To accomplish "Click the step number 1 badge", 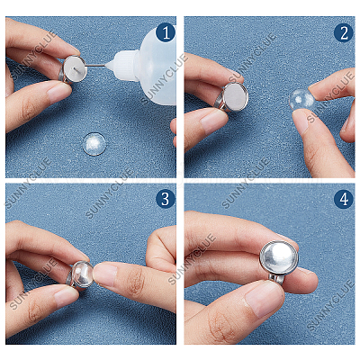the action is (166, 32).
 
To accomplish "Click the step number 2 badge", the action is (344, 32).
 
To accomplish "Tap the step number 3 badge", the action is (166, 199).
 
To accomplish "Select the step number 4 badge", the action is (344, 199).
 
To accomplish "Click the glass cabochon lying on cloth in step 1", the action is (94, 144).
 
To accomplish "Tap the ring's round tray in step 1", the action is (75, 69).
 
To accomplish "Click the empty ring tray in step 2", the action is (236, 96).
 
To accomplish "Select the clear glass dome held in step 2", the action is (301, 99).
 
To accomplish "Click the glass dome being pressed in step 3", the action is (82, 274).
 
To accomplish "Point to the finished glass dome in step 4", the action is (279, 258).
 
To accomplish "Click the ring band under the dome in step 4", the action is (277, 280).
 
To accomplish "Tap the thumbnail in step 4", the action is (265, 300).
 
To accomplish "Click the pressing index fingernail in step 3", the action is (104, 274).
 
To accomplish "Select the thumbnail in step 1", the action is (59, 92).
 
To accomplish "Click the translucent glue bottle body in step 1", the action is (156, 66).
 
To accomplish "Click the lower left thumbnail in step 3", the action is (65, 296).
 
